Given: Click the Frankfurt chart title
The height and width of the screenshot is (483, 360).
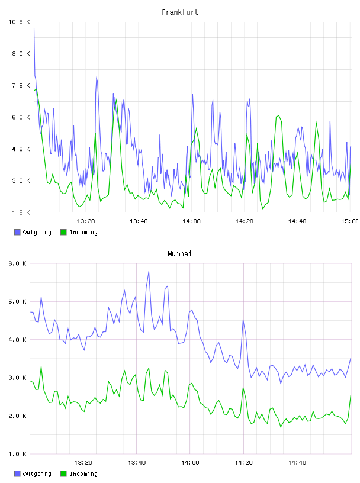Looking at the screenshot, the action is coord(180,12).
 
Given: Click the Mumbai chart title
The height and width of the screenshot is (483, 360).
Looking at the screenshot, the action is coord(179,254).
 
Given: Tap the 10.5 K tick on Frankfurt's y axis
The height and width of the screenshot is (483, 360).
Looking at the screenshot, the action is coord(19,22).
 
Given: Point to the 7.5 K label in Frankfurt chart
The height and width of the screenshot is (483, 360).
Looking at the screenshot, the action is coord(21,85).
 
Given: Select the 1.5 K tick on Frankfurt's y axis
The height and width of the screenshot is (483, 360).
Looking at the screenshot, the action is coord(21,212).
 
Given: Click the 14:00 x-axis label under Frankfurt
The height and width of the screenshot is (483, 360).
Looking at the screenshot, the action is coord(191,221).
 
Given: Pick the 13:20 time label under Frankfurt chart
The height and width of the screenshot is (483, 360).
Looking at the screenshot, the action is coord(86,221).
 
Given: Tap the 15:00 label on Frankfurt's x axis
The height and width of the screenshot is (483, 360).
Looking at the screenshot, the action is coord(350,221).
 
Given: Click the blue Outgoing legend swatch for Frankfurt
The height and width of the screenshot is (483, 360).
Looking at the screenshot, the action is coord(17,232).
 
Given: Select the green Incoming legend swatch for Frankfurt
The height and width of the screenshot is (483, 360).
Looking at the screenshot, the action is coord(63,232).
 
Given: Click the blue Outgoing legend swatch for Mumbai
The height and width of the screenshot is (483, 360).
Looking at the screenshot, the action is coord(17,474).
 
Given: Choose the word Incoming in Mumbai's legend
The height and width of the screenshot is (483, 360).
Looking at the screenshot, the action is coord(83,474).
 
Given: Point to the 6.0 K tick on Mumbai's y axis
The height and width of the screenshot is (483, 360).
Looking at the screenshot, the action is coord(17,263).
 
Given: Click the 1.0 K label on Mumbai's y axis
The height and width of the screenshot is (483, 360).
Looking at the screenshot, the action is coord(17,454).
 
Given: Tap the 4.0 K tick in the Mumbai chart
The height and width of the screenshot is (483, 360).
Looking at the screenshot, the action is coord(17,339).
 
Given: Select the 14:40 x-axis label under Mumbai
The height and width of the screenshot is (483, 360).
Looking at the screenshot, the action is coord(297,462).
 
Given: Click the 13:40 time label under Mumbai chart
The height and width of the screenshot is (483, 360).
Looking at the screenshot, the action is coord(137,462).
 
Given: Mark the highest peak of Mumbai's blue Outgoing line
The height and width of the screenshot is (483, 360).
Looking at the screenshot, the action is coord(149,271).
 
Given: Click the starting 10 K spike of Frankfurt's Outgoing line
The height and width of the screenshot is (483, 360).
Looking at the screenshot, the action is coord(34,29).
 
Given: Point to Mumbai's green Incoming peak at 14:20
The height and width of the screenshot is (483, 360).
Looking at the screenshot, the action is coord(243,387).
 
